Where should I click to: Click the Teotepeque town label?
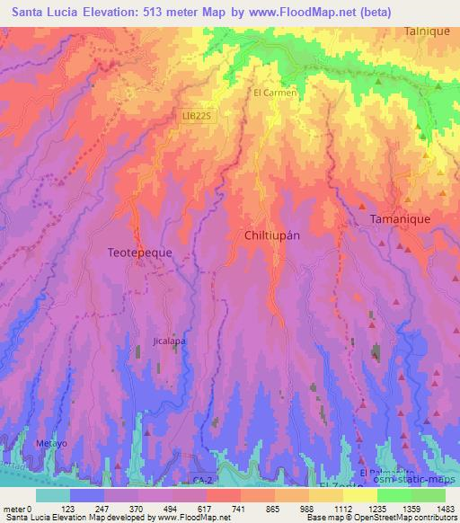pos(139,253)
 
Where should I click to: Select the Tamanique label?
pos(401,219)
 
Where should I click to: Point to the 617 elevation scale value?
pos(214,509)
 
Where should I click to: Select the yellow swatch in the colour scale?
pos(358,495)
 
